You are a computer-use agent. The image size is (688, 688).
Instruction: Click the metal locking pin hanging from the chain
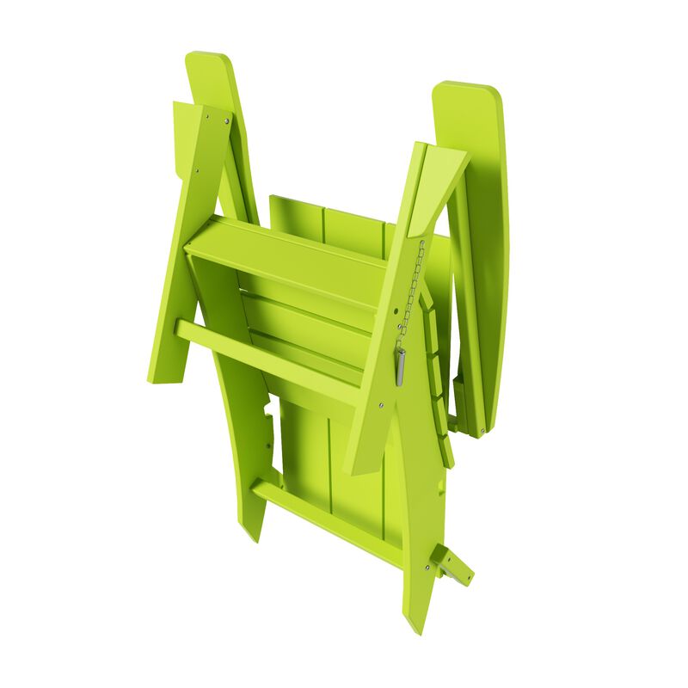(401, 366)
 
